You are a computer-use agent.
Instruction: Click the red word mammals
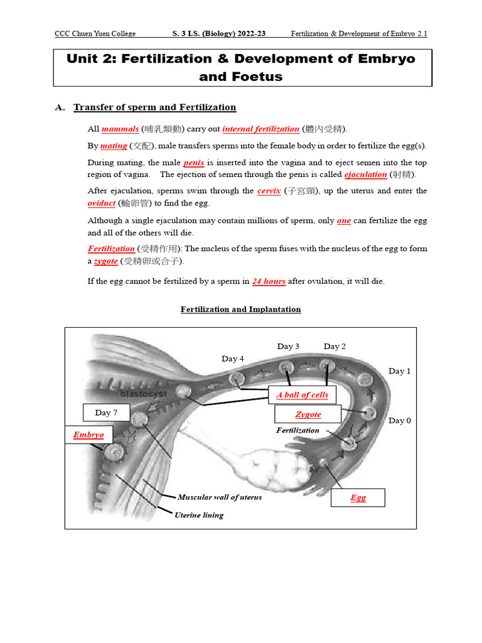pyautogui.click(x=120, y=129)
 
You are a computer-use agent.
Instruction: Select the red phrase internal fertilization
pyautogui.click(x=260, y=129)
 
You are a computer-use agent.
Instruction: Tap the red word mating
pyautogui.click(x=114, y=146)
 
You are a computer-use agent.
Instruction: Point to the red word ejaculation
pyautogui.click(x=365, y=175)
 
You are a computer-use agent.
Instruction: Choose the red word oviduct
pyautogui.click(x=101, y=203)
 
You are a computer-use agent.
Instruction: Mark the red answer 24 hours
pyautogui.click(x=269, y=281)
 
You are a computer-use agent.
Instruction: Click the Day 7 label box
pyautogui.click(x=107, y=413)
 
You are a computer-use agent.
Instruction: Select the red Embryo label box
pyautogui.click(x=88, y=435)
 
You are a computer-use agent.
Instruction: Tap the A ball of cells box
pyautogui.click(x=302, y=394)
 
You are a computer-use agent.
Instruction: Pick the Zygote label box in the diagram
pyautogui.click(x=308, y=414)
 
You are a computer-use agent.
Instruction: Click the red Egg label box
pyautogui.click(x=358, y=497)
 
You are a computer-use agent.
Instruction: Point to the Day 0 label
pyautogui.click(x=400, y=421)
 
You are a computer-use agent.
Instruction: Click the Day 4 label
pyautogui.click(x=233, y=359)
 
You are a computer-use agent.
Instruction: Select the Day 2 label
pyautogui.click(x=335, y=347)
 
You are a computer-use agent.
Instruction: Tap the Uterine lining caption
pyautogui.click(x=198, y=515)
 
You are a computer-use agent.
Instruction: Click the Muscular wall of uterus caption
pyautogui.click(x=220, y=497)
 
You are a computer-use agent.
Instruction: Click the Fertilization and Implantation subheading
pyautogui.click(x=240, y=310)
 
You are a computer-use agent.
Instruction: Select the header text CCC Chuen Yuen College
pyautogui.click(x=95, y=34)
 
